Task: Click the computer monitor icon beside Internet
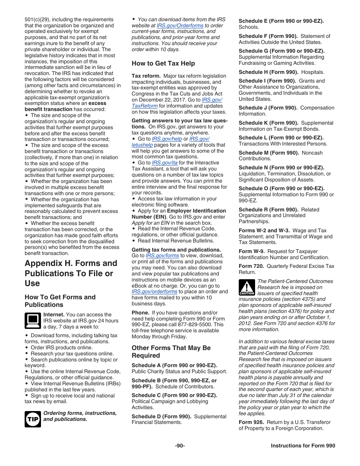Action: pyautogui.click(x=33, y=321)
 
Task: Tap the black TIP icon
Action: pyautogui.click(x=33, y=419)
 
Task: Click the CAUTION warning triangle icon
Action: pyautogui.click(x=247, y=287)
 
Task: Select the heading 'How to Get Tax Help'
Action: pyautogui.click(x=163, y=63)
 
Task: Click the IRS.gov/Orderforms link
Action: pyautogui.click(x=180, y=25)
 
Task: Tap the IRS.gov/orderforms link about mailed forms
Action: pyautogui.click(x=154, y=291)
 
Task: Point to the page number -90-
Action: pyautogui.click(x=180, y=446)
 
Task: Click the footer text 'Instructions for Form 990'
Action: pyautogui.click(x=303, y=446)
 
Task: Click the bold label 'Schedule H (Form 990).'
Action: pyautogui.click(x=268, y=72)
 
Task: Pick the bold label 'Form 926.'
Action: pyautogui.click(x=251, y=422)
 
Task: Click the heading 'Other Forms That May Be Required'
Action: pyautogui.click(x=171, y=352)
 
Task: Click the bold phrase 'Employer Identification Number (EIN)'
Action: pyautogui.click(x=179, y=214)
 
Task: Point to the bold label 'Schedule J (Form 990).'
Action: pyautogui.click(x=268, y=108)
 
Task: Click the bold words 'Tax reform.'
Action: pyautogui.click(x=146, y=76)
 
